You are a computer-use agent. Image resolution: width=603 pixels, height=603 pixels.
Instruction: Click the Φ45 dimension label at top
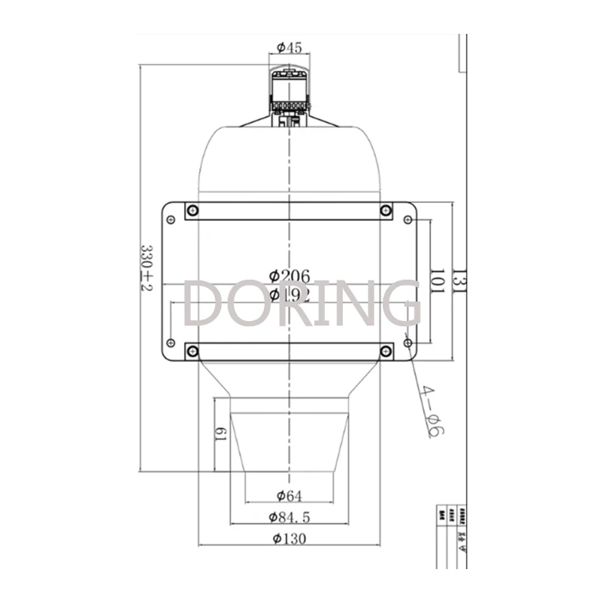(289, 48)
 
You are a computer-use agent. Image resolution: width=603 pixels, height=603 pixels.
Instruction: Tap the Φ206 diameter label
(290, 276)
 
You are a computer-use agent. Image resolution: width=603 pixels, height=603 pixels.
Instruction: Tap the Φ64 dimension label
(289, 495)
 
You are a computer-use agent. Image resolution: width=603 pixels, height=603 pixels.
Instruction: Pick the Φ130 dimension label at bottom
(289, 538)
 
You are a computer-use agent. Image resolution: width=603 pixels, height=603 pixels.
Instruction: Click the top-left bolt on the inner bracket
(192, 210)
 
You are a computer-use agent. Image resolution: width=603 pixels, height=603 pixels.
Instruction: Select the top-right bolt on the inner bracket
(386, 210)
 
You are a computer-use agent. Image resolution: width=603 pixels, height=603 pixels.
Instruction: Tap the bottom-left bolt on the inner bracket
(192, 350)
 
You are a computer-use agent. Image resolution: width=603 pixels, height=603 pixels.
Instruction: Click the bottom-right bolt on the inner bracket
(386, 350)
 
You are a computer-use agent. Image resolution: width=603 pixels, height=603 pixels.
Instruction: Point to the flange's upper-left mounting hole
(171, 219)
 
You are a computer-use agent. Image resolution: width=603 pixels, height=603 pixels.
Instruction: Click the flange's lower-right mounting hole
(408, 343)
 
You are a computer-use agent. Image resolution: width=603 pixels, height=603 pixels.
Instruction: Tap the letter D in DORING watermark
(204, 303)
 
